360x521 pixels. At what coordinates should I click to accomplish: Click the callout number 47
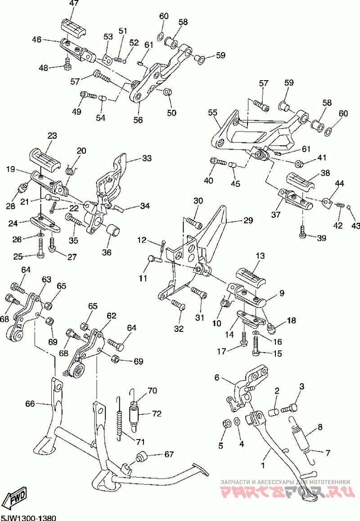[74, 4]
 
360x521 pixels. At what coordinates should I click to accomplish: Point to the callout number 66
[30, 404]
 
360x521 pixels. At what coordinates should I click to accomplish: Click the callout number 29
[248, 221]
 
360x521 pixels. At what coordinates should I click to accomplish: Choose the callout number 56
[138, 120]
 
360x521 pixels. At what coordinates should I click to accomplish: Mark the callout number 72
[156, 413]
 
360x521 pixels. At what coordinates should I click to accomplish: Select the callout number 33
[147, 159]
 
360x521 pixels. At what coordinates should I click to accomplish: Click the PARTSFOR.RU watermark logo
[283, 491]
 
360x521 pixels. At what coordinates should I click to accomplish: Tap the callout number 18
[292, 321]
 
